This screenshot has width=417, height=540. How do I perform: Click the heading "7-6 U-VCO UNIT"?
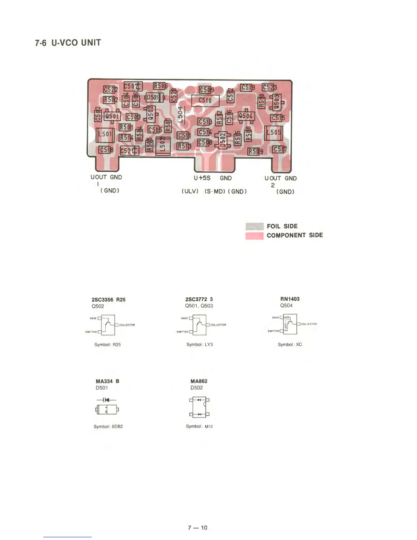tap(68, 43)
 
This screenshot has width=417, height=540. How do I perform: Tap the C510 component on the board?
tap(205, 100)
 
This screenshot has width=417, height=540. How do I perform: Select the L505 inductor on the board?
tap(273, 133)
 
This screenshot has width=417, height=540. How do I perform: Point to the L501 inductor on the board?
tap(105, 134)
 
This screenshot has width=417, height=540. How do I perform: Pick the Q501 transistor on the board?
tap(112, 117)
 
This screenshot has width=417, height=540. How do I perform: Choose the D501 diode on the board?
tap(153, 97)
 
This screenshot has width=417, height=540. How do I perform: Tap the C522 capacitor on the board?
tap(110, 89)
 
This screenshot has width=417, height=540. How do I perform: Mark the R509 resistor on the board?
tap(255, 151)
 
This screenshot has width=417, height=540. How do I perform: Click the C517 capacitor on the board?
tap(279, 149)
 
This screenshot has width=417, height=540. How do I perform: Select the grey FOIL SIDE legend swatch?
tap(254, 226)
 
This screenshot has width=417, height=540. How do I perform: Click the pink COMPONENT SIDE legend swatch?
tap(254, 236)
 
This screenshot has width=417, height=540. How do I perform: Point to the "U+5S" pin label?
tap(202, 178)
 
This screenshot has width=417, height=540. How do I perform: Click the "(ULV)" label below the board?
tap(190, 191)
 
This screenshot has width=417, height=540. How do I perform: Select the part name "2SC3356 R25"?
tap(108, 300)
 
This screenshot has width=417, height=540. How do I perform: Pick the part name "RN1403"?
tap(290, 299)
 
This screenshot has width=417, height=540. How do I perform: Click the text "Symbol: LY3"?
tap(200, 345)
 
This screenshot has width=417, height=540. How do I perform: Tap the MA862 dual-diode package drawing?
tap(199, 407)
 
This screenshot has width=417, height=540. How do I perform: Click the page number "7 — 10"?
tap(198, 528)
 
